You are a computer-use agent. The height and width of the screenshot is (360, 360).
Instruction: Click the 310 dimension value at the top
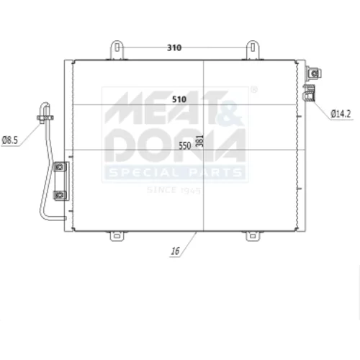pos(174,48)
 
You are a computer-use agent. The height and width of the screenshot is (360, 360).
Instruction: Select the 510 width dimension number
pos(179,99)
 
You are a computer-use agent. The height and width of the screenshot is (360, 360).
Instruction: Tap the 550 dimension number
pos(185,145)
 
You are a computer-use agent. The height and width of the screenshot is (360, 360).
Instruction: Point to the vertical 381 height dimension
pos(199,141)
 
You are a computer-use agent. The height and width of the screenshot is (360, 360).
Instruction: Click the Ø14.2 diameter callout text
pos(341,114)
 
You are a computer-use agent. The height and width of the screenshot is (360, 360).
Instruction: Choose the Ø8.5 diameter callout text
pos(10,140)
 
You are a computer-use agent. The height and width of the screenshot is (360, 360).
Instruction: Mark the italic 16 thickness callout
pos(175,251)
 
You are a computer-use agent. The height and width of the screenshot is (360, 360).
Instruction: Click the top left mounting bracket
pos(117,50)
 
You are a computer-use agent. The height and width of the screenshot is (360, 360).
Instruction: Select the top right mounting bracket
pos(253,50)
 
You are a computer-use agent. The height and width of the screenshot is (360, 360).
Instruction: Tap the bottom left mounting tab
pos(117,236)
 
